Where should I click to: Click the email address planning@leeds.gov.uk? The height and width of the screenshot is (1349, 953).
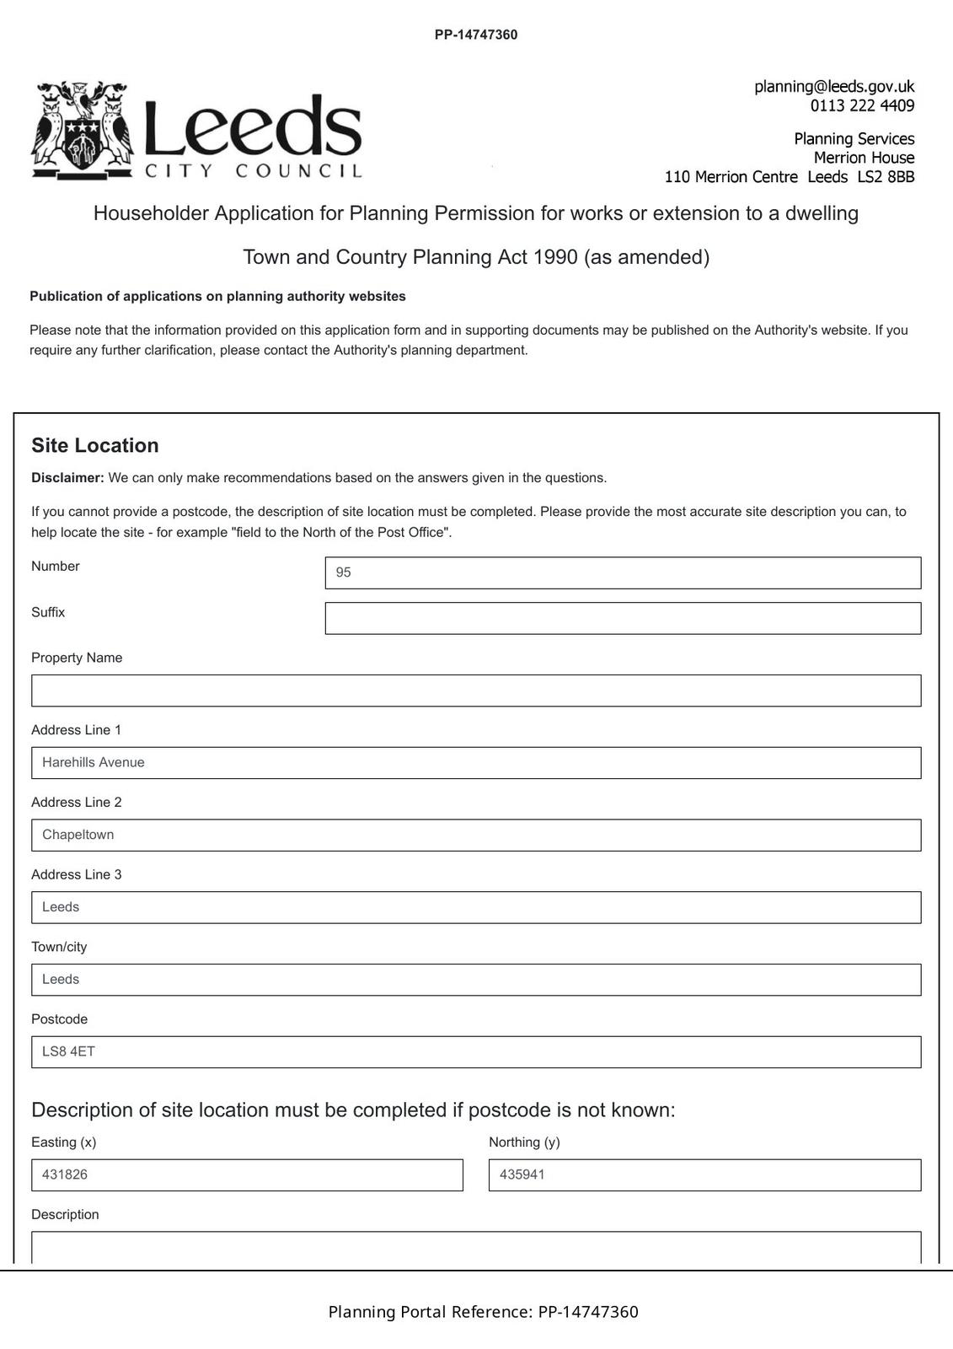tap(833, 87)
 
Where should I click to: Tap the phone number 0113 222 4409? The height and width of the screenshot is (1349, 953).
tap(861, 106)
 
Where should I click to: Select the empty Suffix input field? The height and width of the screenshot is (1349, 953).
tap(622, 618)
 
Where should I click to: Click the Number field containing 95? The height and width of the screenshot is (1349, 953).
tap(622, 572)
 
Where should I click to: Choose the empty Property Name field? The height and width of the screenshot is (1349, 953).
tap(476, 691)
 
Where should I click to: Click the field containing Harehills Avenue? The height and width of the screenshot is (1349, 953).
tap(476, 763)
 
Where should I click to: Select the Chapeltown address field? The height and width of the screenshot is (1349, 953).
tap(476, 836)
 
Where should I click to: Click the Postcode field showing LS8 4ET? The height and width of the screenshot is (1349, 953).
tap(476, 1052)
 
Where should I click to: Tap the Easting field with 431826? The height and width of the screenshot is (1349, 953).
tap(247, 1175)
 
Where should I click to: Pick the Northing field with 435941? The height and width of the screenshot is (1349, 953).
tap(704, 1175)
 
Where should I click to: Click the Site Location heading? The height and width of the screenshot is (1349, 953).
tap(95, 446)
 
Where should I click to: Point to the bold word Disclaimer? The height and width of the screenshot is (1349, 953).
tap(67, 478)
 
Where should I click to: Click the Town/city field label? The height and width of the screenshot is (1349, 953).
tap(59, 947)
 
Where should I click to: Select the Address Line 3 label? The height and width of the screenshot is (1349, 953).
tap(77, 875)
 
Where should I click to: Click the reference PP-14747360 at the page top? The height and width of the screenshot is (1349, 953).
tap(476, 35)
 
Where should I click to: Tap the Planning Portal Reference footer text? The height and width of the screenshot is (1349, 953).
tap(483, 1312)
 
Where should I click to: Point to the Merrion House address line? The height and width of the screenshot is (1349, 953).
tap(863, 158)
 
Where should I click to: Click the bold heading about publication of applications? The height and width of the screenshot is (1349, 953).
tap(218, 297)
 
